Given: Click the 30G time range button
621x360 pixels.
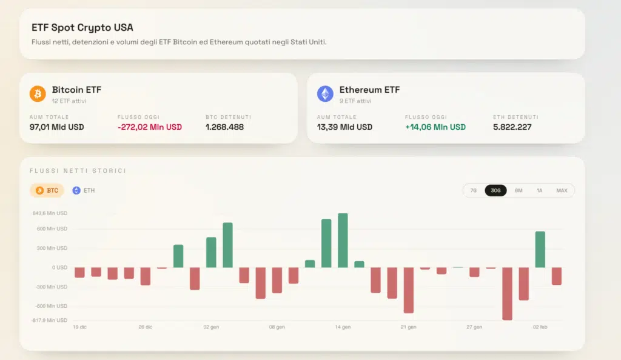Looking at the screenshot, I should (495, 190).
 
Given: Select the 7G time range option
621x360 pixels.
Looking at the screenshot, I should (474, 190).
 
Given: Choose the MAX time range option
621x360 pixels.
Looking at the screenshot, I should (562, 190).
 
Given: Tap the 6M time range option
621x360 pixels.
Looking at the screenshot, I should (519, 190).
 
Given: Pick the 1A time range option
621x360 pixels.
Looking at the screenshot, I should (539, 190).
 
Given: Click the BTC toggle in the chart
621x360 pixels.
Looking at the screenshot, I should (47, 190).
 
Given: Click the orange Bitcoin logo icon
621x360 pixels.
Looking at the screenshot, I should (38, 94).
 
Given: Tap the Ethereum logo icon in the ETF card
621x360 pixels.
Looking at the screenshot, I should (325, 94).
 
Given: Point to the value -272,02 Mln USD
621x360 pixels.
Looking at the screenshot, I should (149, 127).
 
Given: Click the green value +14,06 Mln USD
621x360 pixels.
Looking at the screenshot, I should (435, 127).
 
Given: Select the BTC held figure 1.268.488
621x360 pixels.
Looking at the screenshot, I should (224, 127).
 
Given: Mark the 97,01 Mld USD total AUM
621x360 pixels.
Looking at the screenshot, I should (56, 127).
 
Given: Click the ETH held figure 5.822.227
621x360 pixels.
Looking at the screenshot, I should (512, 127).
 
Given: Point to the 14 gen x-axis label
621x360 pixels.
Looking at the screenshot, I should (343, 327).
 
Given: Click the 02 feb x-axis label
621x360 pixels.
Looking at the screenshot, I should (540, 327).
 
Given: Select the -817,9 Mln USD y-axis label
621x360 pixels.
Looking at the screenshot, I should (50, 320).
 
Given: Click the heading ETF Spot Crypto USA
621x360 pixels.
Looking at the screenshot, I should (82, 28).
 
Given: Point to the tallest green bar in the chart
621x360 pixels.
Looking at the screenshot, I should (343, 240).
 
